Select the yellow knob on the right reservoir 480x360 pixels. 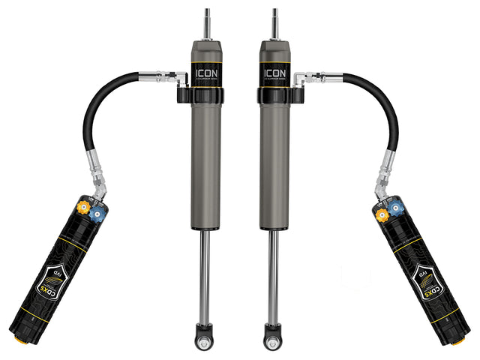coord(382,214)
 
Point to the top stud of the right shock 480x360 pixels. coord(274,22)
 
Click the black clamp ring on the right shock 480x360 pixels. coord(280,95)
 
